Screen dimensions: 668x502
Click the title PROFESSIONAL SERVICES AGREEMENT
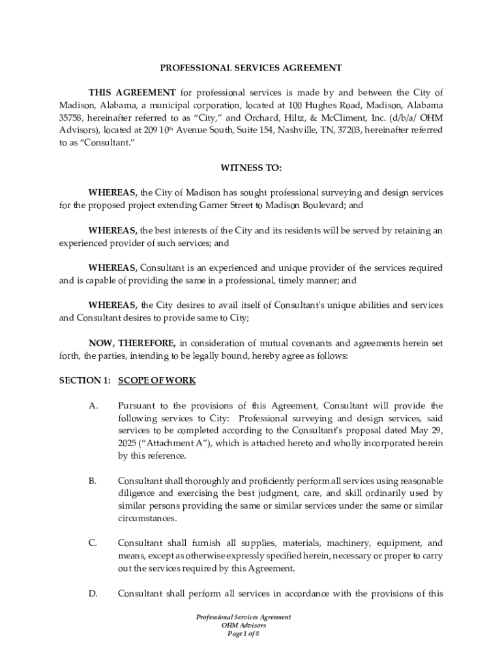(x=251, y=67)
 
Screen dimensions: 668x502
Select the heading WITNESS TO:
(x=251, y=168)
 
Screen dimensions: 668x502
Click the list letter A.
(x=93, y=406)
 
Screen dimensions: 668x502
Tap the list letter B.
(x=93, y=481)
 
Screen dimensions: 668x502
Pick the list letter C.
(x=93, y=543)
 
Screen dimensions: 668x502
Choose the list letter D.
(x=93, y=593)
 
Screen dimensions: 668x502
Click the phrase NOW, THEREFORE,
(x=132, y=342)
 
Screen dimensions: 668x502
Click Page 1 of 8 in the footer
(x=243, y=633)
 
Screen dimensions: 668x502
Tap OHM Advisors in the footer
(x=243, y=625)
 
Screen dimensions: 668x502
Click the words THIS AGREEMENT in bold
(x=132, y=93)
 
